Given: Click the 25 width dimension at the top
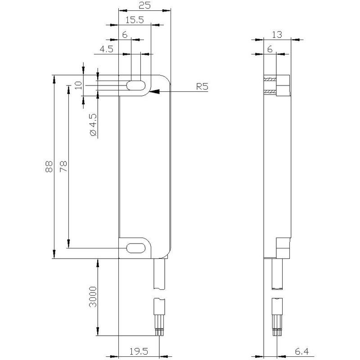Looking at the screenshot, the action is (144, 5).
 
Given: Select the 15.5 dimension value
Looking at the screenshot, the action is (135, 20).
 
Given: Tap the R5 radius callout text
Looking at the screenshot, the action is (202, 86).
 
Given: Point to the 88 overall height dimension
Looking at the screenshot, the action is (49, 166).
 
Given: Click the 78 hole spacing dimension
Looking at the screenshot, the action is (63, 166).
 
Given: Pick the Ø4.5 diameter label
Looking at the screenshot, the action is (94, 125).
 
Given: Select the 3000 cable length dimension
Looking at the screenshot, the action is (93, 297).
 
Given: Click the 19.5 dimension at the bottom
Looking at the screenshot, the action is (139, 351).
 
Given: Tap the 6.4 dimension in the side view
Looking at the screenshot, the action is (301, 351).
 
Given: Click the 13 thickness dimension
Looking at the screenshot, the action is (277, 35).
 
